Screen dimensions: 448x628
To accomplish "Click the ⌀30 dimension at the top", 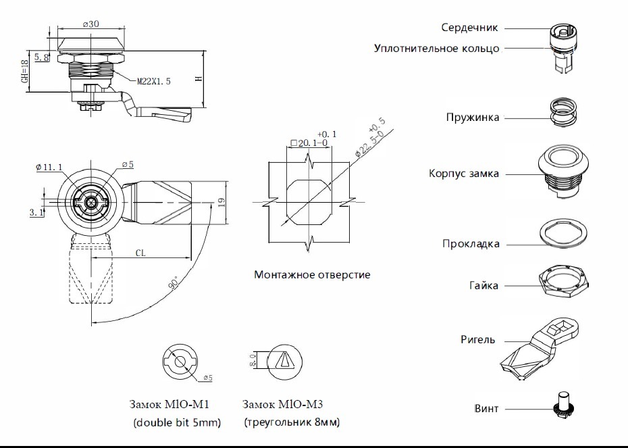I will [91, 23].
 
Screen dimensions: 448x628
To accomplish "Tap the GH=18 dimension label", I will [25, 70].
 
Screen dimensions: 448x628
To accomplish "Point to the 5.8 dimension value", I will [41, 58].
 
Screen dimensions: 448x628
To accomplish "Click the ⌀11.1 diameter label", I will [49, 167].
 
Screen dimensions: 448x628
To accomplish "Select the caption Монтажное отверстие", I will [312, 275].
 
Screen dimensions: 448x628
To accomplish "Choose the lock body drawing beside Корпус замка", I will [562, 172].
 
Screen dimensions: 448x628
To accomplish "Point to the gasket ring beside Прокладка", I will [562, 234].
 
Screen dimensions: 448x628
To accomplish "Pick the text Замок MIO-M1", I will [168, 405].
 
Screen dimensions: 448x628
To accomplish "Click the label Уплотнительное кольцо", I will [436, 49].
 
